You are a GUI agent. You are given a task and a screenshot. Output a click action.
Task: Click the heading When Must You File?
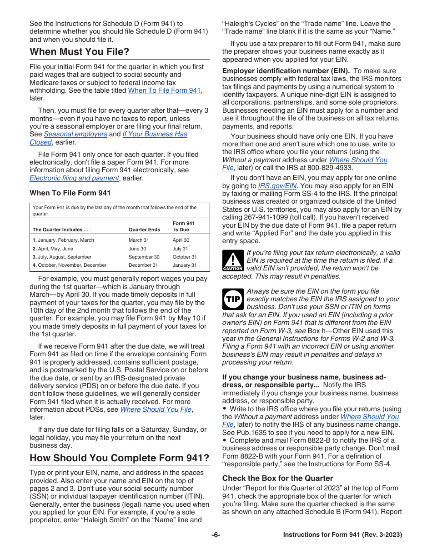[x=80, y=52]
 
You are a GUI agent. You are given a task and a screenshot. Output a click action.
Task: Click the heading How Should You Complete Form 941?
[x=119, y=458]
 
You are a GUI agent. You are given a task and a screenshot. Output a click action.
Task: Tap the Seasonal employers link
[x=75, y=134]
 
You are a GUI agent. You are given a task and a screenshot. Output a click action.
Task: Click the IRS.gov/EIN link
[x=277, y=186]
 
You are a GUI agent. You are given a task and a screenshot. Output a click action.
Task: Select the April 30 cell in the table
[x=181, y=240]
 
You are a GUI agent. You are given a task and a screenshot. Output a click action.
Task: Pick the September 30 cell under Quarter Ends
[x=144, y=257]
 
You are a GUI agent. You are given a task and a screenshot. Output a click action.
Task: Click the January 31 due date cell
[x=185, y=265]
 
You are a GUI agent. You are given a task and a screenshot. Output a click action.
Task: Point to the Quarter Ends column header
[x=144, y=230]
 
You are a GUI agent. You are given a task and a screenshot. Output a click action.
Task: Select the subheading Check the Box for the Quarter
[x=277, y=478]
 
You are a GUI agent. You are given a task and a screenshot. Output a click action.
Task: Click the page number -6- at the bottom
[x=216, y=535]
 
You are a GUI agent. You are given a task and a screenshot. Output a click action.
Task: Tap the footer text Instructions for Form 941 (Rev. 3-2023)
[x=342, y=535]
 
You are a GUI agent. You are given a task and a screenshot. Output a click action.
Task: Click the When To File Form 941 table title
[x=70, y=193]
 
